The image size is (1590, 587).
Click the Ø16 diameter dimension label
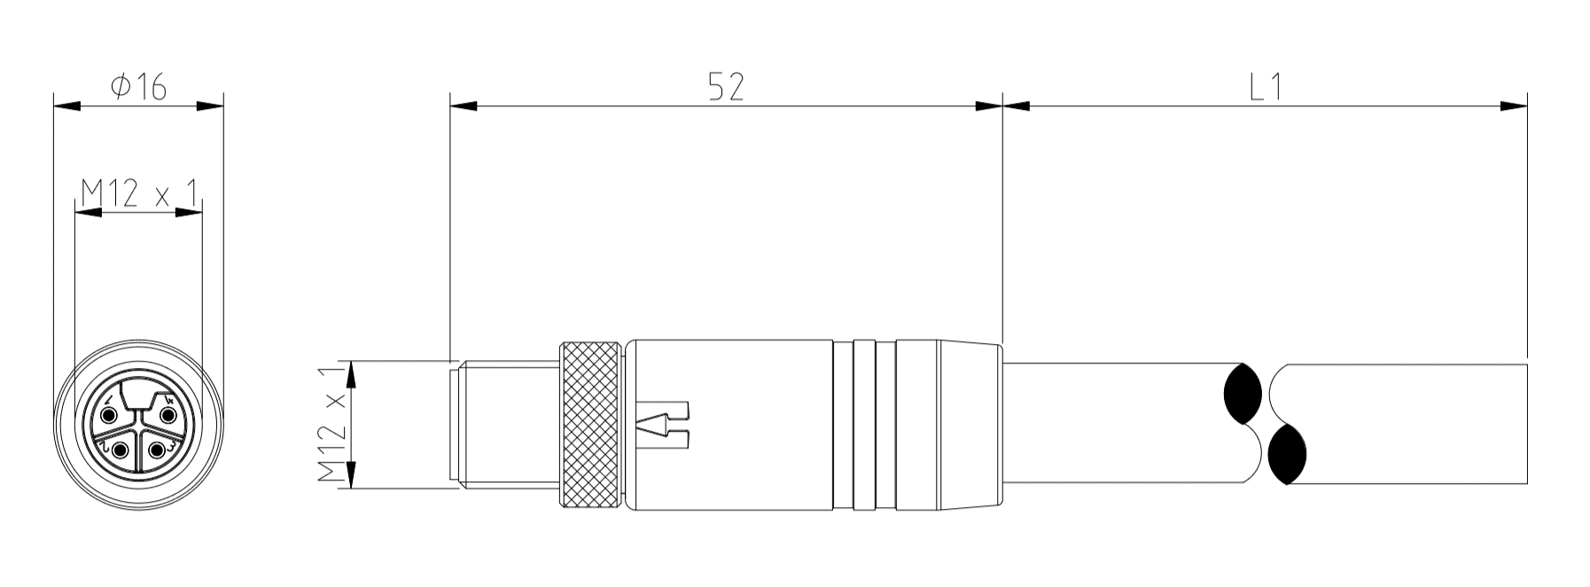point(138,87)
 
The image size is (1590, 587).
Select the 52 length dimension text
point(725,87)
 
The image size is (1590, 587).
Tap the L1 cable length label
point(1266,87)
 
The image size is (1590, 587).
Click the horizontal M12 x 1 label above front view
point(138,192)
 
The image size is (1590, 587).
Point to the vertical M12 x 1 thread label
point(332,424)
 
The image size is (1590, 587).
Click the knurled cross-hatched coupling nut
point(590,425)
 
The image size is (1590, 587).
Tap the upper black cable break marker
point(1242,393)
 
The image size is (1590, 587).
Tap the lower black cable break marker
point(1287,454)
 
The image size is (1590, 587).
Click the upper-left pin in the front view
point(109,416)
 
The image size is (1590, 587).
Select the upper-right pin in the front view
point(166,416)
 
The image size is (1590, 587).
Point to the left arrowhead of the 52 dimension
point(463,106)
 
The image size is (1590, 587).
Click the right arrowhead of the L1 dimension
point(1514,106)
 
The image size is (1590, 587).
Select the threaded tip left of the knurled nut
point(505,425)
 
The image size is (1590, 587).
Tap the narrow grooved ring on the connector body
point(865,425)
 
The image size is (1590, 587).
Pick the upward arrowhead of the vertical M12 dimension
point(352,374)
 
